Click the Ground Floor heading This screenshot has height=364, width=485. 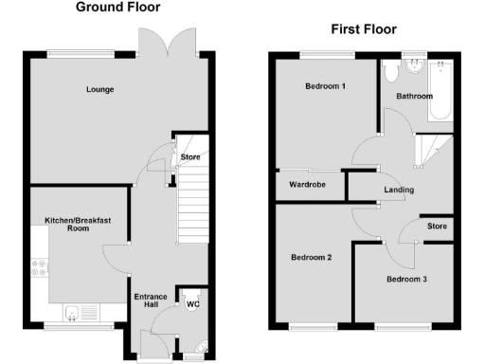(117, 8)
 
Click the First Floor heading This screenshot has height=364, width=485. (363, 29)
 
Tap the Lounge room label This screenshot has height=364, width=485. (99, 90)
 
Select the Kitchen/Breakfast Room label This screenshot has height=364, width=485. (78, 225)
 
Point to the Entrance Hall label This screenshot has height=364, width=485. (151, 300)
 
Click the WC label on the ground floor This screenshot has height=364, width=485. (192, 304)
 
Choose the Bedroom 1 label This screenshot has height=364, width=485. (325, 86)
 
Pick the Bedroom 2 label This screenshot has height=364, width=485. (311, 257)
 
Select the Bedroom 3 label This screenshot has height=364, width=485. (405, 279)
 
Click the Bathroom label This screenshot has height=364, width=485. (414, 96)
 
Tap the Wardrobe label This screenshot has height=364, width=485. (308, 184)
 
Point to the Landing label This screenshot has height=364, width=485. (398, 191)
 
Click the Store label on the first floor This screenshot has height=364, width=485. (436, 227)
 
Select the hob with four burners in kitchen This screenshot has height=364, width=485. (40, 268)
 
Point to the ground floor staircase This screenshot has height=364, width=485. (191, 204)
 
